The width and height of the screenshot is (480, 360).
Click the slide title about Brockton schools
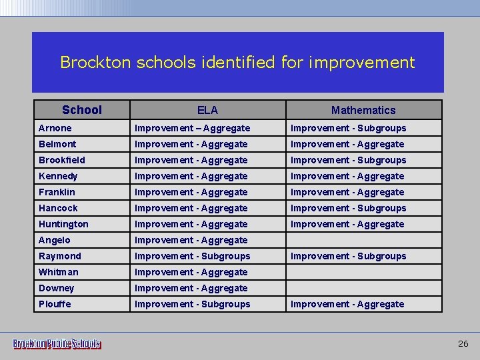point(237,63)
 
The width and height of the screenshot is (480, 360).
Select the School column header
point(81,110)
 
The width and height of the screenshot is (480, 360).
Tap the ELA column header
point(207,110)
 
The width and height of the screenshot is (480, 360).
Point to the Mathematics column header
point(363,110)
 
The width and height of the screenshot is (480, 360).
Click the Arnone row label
point(55,128)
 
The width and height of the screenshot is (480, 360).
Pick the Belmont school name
point(57,144)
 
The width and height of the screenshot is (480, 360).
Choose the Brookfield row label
point(62,160)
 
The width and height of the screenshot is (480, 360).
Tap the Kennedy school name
point(58,176)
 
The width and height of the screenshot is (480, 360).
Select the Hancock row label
point(58,208)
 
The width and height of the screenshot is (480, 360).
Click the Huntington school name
point(63,224)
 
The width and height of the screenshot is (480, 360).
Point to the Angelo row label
point(54,240)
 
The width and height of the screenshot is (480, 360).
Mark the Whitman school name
point(59,272)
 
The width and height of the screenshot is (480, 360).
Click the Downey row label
point(57,288)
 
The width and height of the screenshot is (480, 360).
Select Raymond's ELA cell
point(193,256)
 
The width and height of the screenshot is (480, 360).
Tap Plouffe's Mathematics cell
point(347,304)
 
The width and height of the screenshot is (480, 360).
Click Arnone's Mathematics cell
point(348,128)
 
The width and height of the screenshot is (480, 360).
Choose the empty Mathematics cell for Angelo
point(363,240)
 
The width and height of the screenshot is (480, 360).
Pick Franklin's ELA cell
point(191,192)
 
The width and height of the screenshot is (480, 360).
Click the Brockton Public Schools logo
point(57,344)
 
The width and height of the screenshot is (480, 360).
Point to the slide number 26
point(463,344)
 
